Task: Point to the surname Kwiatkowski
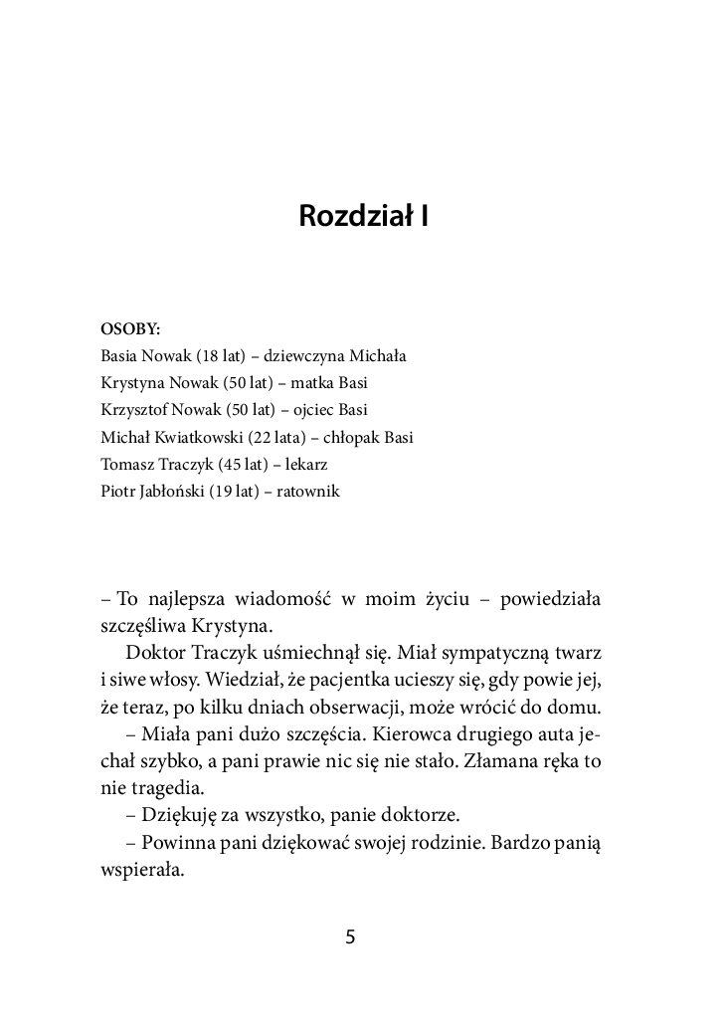(x=197, y=437)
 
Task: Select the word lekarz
(x=315, y=464)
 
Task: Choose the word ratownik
(x=307, y=491)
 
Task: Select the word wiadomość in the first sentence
(x=280, y=599)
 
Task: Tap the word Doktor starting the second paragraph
(x=159, y=652)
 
